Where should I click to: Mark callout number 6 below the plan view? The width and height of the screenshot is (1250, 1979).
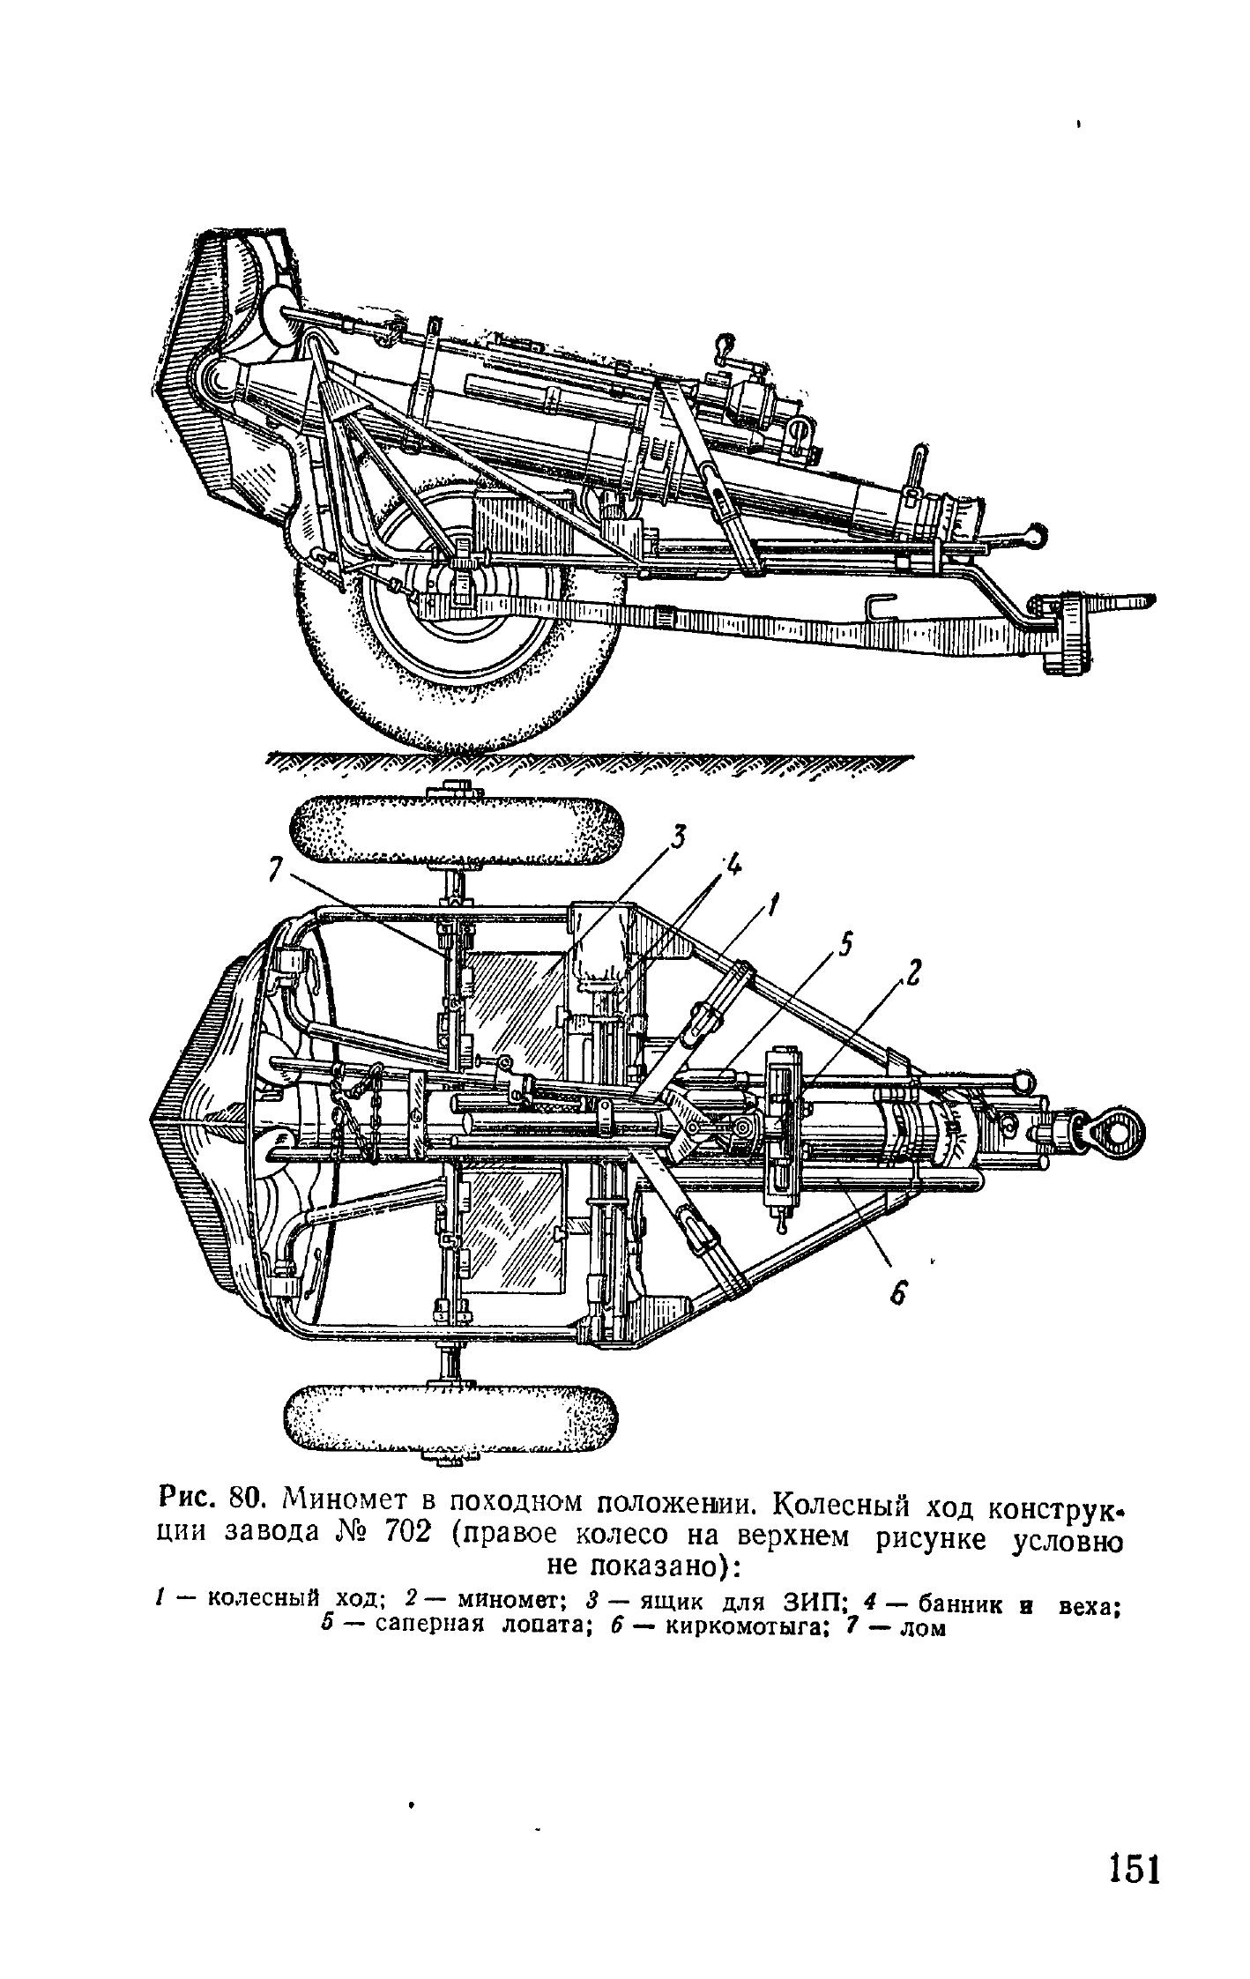point(897,1293)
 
